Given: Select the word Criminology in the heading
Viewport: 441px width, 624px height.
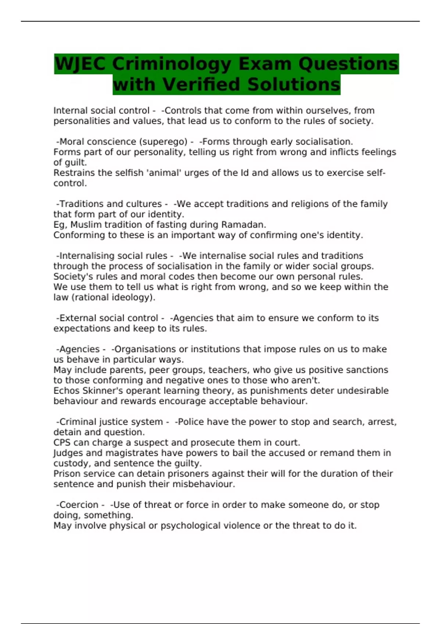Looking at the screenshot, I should (172, 64).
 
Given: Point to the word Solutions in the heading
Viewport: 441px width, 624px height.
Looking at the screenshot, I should (294, 84).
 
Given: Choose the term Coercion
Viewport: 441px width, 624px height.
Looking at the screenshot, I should (79, 505).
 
